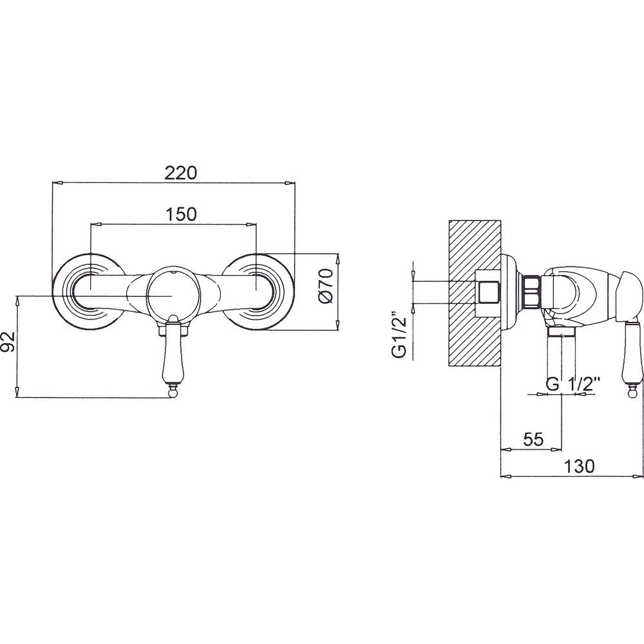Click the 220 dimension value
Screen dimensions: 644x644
(181, 173)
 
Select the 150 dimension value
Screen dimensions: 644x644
(181, 214)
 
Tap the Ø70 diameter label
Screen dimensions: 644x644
(327, 286)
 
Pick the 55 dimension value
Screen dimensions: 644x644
(533, 439)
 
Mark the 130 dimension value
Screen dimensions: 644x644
(579, 466)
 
